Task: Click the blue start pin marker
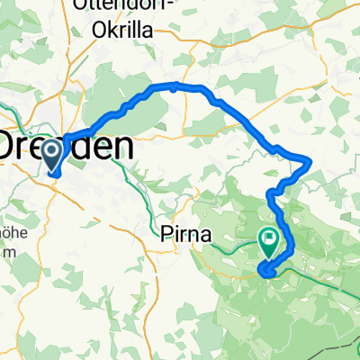pos(53,159)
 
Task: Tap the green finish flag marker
pos(268,239)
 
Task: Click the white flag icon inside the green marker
pos(268,238)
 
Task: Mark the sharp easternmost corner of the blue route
pos(310,161)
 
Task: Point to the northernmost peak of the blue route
pos(173,85)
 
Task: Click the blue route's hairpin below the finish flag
pos(262,270)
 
